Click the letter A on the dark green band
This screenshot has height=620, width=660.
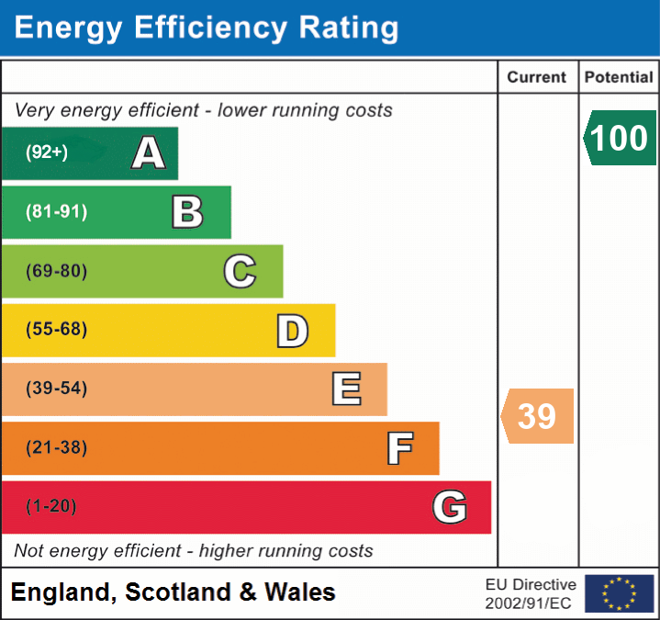pos(149,152)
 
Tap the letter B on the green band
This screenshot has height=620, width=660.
pos(187,212)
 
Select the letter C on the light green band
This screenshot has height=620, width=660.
pos(240,271)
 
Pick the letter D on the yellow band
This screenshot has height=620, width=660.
pos(292,331)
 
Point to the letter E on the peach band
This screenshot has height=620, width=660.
pos(346,389)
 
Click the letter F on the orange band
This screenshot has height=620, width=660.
pos(399,448)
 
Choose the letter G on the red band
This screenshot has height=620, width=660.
pos(450,507)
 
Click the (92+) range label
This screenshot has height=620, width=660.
pos(47,152)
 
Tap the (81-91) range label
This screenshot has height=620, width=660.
pos(56,212)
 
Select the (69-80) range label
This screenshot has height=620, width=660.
pos(56,271)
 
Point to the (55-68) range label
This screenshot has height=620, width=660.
pos(56,330)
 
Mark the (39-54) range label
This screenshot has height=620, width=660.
pos(56,389)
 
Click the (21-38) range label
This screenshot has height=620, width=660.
pos(56,447)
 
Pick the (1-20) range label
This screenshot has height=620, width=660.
pos(51,506)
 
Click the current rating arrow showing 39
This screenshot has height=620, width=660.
pos(538,416)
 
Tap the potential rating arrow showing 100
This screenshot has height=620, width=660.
pos(620,138)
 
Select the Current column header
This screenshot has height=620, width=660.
pos(537,78)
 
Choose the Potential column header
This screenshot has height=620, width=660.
pos(619,78)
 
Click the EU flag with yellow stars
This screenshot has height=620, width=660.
pos(619,593)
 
